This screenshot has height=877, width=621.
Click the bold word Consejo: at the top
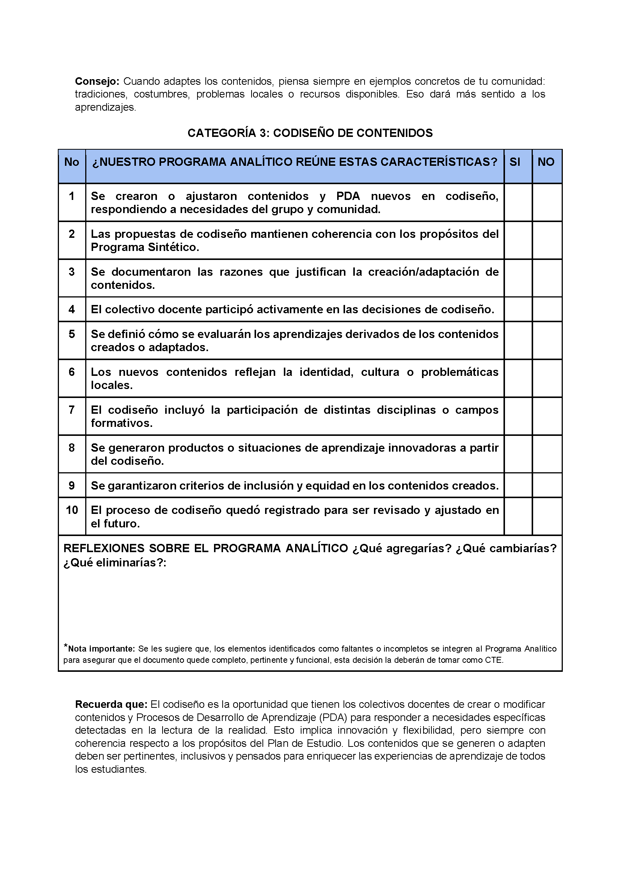click(x=97, y=81)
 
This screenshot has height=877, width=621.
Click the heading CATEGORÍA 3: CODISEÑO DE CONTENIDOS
click(x=310, y=133)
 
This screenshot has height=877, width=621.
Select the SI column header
click(x=515, y=162)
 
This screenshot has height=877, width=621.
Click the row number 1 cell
click(x=71, y=196)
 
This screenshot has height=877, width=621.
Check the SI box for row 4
click(x=518, y=309)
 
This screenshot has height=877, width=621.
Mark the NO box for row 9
click(x=547, y=485)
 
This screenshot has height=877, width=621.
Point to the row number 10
click(x=72, y=510)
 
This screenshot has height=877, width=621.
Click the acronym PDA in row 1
click(x=348, y=196)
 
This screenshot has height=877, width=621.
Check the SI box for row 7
click(x=518, y=416)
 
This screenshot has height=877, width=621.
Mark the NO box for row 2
click(x=547, y=240)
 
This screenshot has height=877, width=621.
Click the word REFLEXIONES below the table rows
click(x=103, y=548)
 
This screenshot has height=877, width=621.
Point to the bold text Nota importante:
click(x=101, y=649)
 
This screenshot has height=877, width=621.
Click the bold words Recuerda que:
click(x=111, y=704)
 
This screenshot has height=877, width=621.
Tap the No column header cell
click(x=71, y=162)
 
